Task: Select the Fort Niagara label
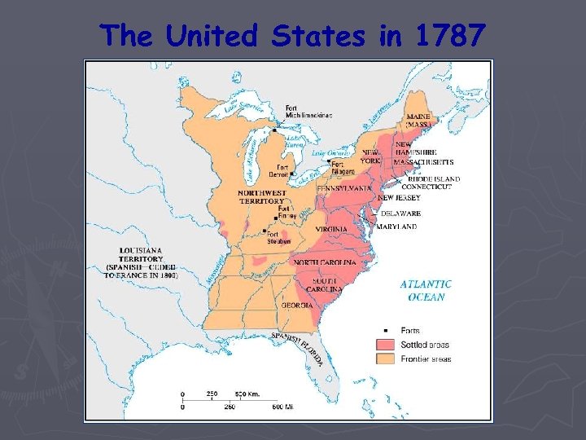(x=343, y=166)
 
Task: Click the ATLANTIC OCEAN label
(x=426, y=291)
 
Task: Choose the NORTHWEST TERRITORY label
(x=261, y=196)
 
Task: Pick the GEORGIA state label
(x=298, y=306)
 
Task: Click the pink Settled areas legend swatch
(x=385, y=345)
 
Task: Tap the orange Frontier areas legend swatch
(x=385, y=359)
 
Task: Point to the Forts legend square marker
(x=385, y=330)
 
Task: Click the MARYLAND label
(x=396, y=227)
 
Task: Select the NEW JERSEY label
(x=399, y=198)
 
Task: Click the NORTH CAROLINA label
(x=324, y=262)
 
